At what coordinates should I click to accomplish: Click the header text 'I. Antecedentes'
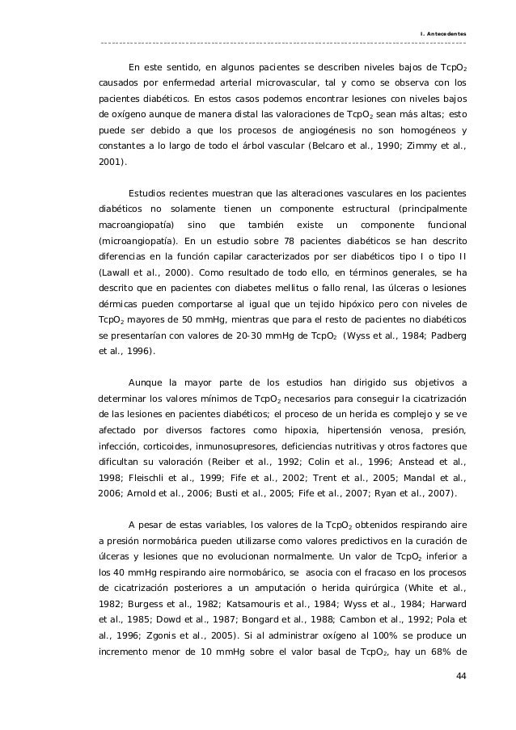tap(442, 33)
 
